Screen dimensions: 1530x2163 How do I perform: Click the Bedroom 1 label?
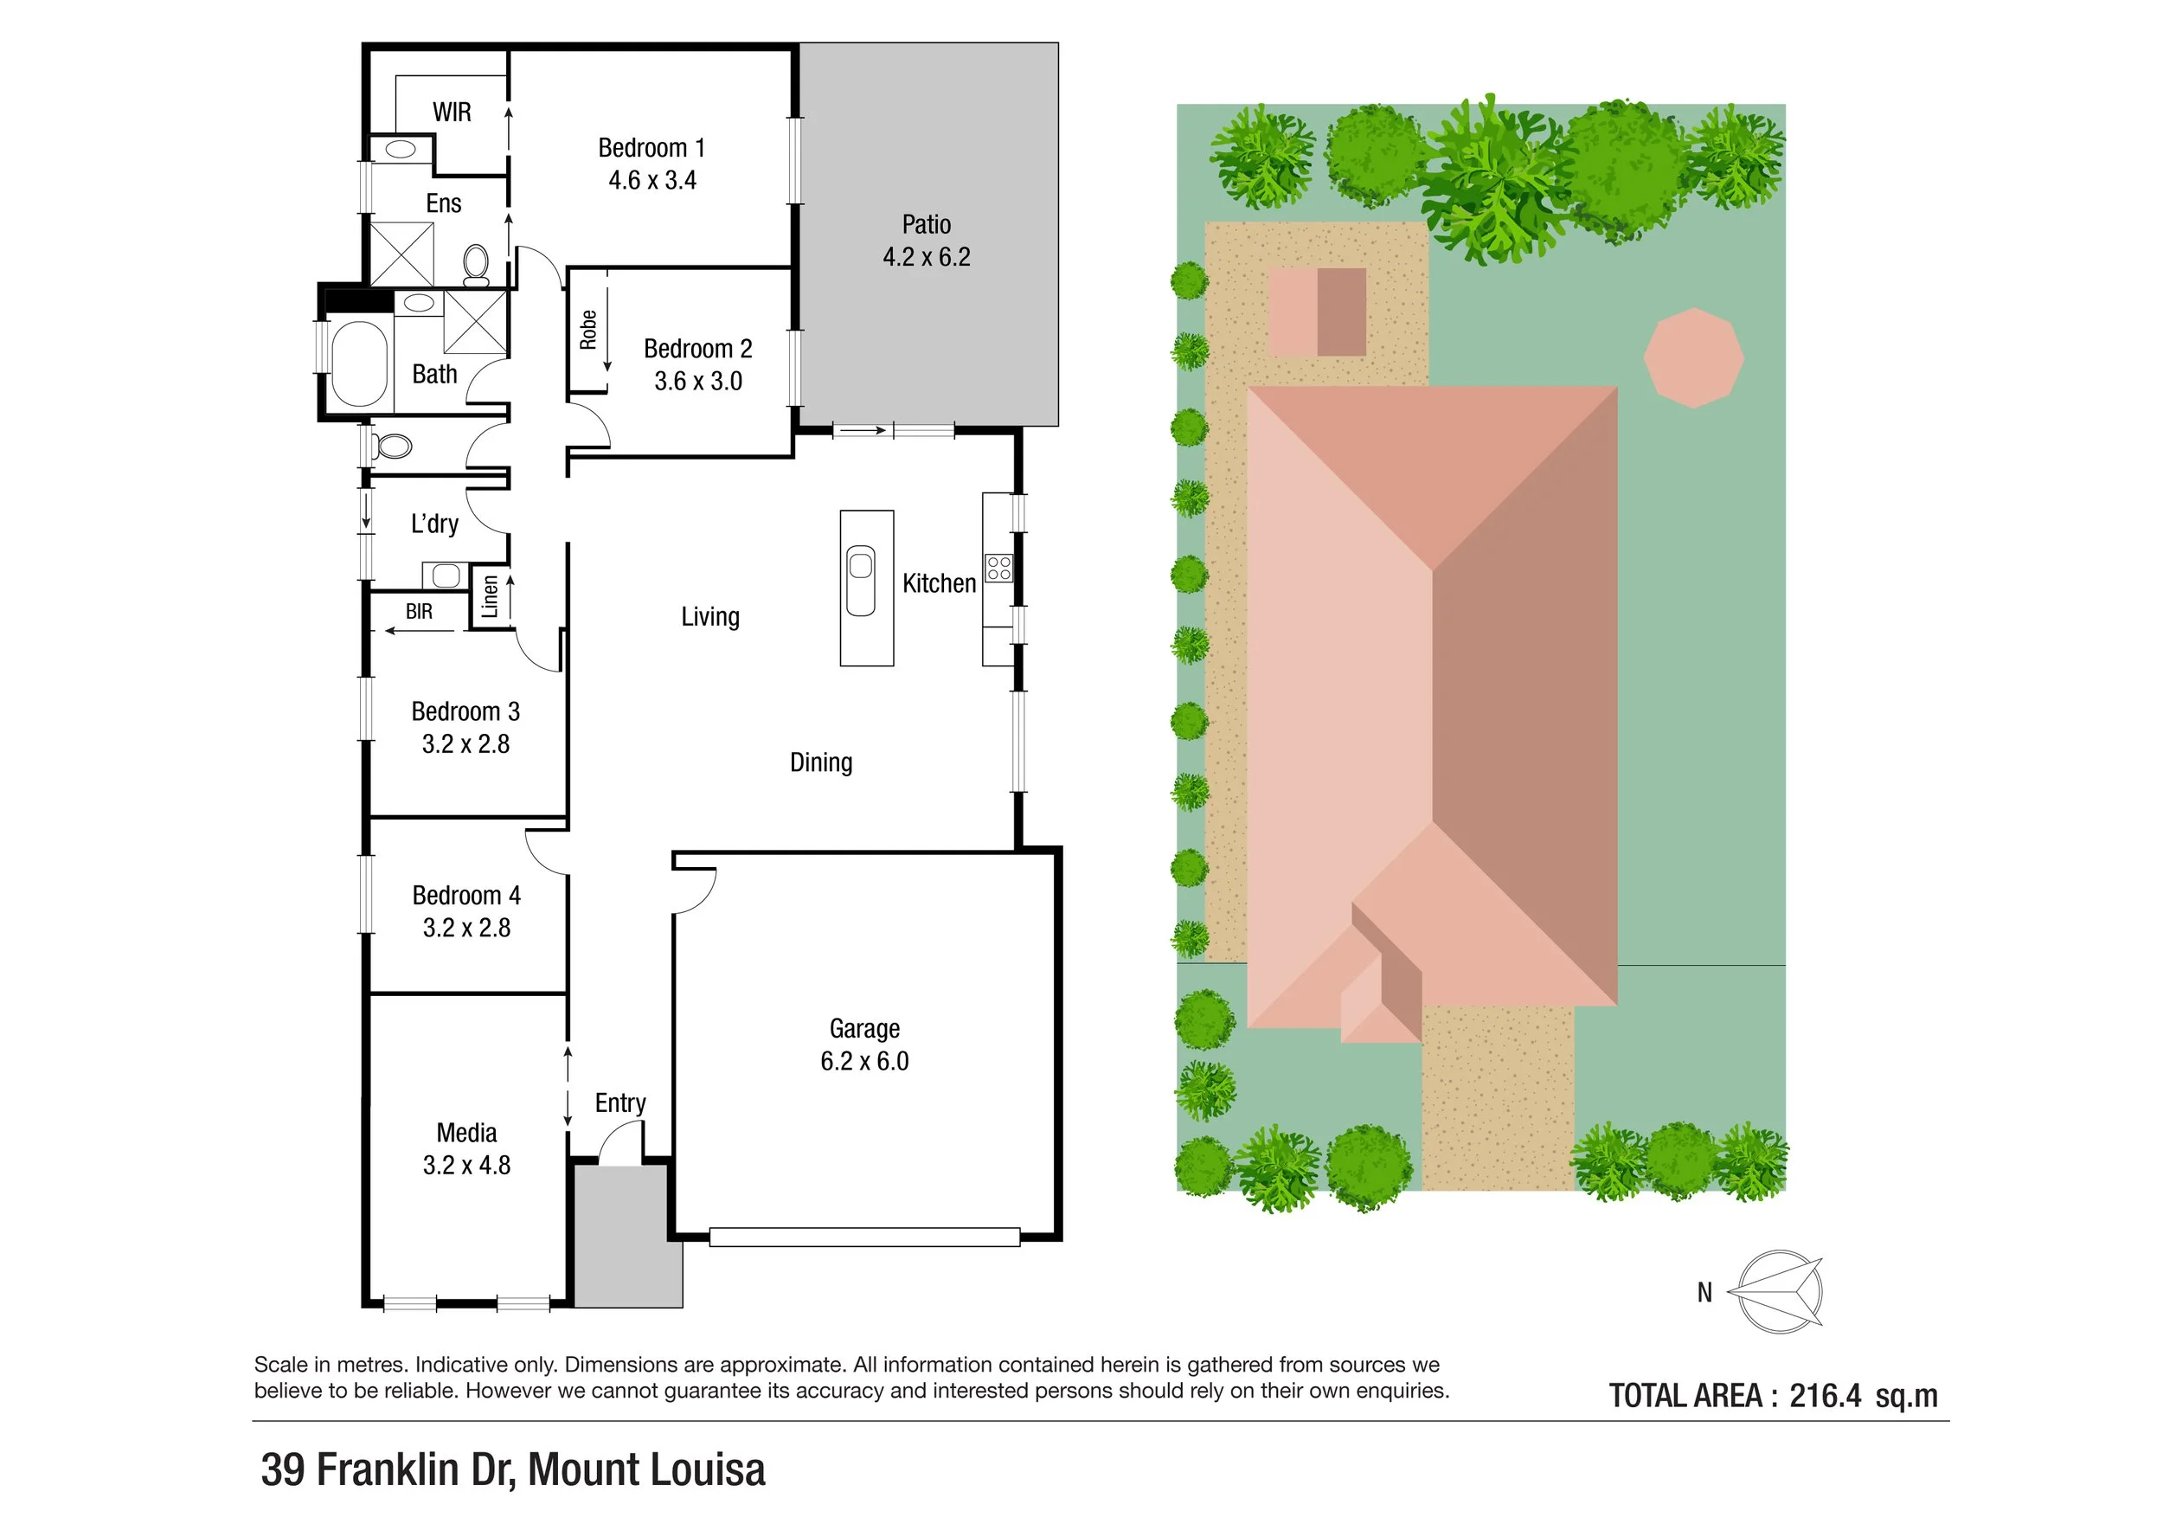coord(651,148)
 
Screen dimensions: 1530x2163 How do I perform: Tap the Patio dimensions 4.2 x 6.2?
coord(926,257)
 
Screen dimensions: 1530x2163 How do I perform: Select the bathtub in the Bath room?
coord(359,363)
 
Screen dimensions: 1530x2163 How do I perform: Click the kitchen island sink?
coord(861,581)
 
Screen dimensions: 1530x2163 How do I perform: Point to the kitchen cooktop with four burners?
coord(998,568)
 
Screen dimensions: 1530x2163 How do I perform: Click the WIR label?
coord(452,112)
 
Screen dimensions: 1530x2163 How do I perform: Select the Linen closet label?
coord(490,596)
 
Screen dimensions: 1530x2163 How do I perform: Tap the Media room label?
coord(466,1133)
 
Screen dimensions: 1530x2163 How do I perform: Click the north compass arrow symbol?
coord(1780,1292)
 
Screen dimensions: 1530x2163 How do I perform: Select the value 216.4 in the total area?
coord(1825,1395)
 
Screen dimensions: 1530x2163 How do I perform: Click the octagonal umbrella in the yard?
coord(1694,358)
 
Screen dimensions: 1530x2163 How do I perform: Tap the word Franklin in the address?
coord(388,1469)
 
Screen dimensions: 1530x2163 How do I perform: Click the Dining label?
coord(820,762)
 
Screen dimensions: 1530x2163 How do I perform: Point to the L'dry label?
coord(434,524)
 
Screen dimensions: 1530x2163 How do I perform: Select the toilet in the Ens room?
coord(477,265)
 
